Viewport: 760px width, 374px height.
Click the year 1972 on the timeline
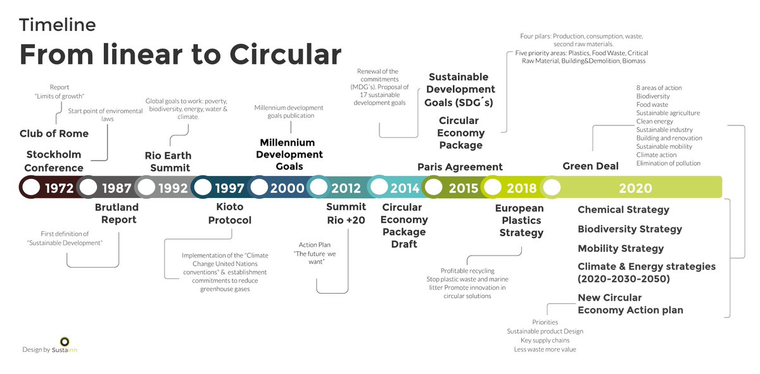pyautogui.click(x=60, y=188)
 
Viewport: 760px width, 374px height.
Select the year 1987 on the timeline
pyautogui.click(x=117, y=188)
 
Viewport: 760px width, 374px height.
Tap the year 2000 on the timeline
pyautogui.click(x=288, y=188)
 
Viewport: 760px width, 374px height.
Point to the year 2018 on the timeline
pyautogui.click(x=522, y=188)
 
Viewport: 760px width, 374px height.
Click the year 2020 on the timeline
pyautogui.click(x=635, y=188)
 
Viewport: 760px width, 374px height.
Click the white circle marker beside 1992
pyautogui.click(x=146, y=187)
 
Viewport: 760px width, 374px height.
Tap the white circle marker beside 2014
pyautogui.click(x=379, y=187)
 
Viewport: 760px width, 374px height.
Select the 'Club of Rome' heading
pyautogui.click(x=54, y=134)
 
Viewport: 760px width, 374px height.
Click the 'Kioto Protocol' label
pyautogui.click(x=229, y=214)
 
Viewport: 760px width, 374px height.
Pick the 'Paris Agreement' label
pyautogui.click(x=460, y=167)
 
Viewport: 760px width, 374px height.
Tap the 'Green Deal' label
pyautogui.click(x=590, y=166)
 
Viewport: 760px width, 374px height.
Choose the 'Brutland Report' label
pyautogui.click(x=116, y=214)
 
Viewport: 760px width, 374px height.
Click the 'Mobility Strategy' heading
pyautogui.click(x=621, y=249)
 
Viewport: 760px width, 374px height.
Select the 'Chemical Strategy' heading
pyautogui.click(x=623, y=210)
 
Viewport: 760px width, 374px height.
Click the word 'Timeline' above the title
pyautogui.click(x=58, y=25)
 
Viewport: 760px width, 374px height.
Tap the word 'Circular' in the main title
pyautogui.click(x=285, y=54)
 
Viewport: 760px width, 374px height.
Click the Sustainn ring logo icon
pyautogui.click(x=65, y=341)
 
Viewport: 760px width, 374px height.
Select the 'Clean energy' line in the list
pyautogui.click(x=654, y=122)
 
